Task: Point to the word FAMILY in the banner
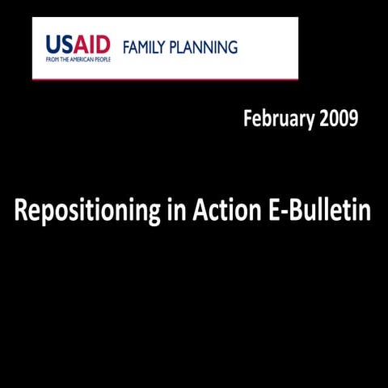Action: click(146, 47)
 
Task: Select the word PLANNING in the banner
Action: click(205, 47)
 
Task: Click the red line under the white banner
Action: click(165, 79)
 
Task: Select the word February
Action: click(279, 120)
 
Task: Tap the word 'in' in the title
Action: click(175, 211)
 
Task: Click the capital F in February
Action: click(247, 119)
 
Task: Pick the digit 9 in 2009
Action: click(352, 119)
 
